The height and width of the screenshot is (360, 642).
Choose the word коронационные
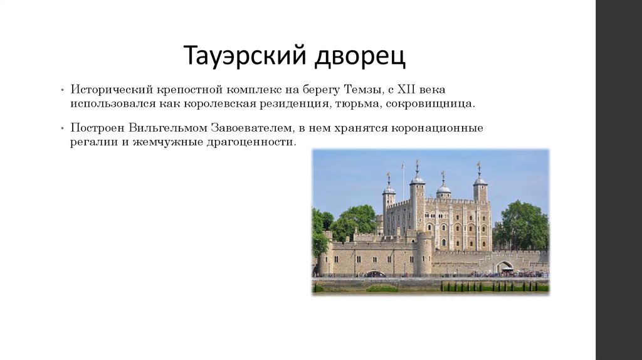(x=438, y=128)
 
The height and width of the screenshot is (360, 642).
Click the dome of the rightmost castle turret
(x=480, y=180)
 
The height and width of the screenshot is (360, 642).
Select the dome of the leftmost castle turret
(x=389, y=188)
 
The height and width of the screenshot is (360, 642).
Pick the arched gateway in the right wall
(x=504, y=267)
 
